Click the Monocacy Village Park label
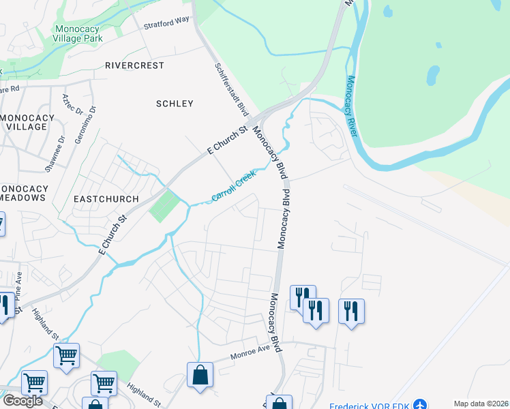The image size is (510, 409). point(78,34)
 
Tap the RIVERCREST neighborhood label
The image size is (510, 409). point(134,65)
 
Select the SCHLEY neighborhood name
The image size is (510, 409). point(175,104)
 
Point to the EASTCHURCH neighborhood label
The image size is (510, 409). point(106,199)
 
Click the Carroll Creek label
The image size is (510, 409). point(233,186)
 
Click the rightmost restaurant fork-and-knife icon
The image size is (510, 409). point(351,311)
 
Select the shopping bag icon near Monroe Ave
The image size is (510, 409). point(200,375)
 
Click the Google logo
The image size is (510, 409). point(22,401)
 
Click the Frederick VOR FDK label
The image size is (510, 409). point(370,406)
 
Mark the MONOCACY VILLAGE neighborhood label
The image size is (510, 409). point(27,122)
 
